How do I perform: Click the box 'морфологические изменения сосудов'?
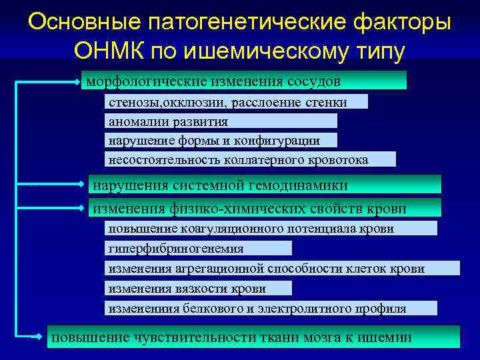pyautogui.click(x=243, y=81)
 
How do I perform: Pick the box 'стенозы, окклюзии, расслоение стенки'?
pyautogui.click(x=236, y=102)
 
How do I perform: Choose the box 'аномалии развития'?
pyautogui.click(x=221, y=121)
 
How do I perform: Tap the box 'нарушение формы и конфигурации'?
pyautogui.click(x=221, y=140)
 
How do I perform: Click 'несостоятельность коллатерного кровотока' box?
pyautogui.click(x=250, y=159)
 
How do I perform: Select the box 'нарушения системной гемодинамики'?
pyautogui.click(x=265, y=185)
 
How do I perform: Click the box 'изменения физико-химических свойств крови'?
pyautogui.click(x=265, y=208)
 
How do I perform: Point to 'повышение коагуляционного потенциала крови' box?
pyautogui.click(x=271, y=229)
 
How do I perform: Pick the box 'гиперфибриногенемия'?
pyautogui.click(x=198, y=249)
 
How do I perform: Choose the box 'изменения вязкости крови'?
pyautogui.click(x=198, y=288)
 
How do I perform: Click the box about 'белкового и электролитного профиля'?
pyautogui.click(x=271, y=308)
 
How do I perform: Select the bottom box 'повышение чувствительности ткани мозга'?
pyautogui.click(x=253, y=337)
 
